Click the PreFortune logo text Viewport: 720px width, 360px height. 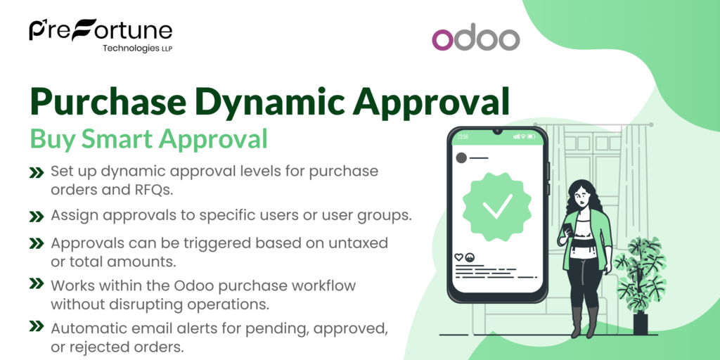coord(100,30)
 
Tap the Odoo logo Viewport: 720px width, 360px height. coord(475,39)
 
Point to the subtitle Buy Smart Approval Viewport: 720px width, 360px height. coord(148,139)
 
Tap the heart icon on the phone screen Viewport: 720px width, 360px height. coord(459,257)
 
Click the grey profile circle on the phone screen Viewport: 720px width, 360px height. coord(461,157)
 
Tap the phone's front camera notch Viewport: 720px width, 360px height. coord(497,131)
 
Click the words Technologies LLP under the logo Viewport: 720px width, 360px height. coord(137,49)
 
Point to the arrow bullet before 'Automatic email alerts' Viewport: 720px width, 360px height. coord(35,327)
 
